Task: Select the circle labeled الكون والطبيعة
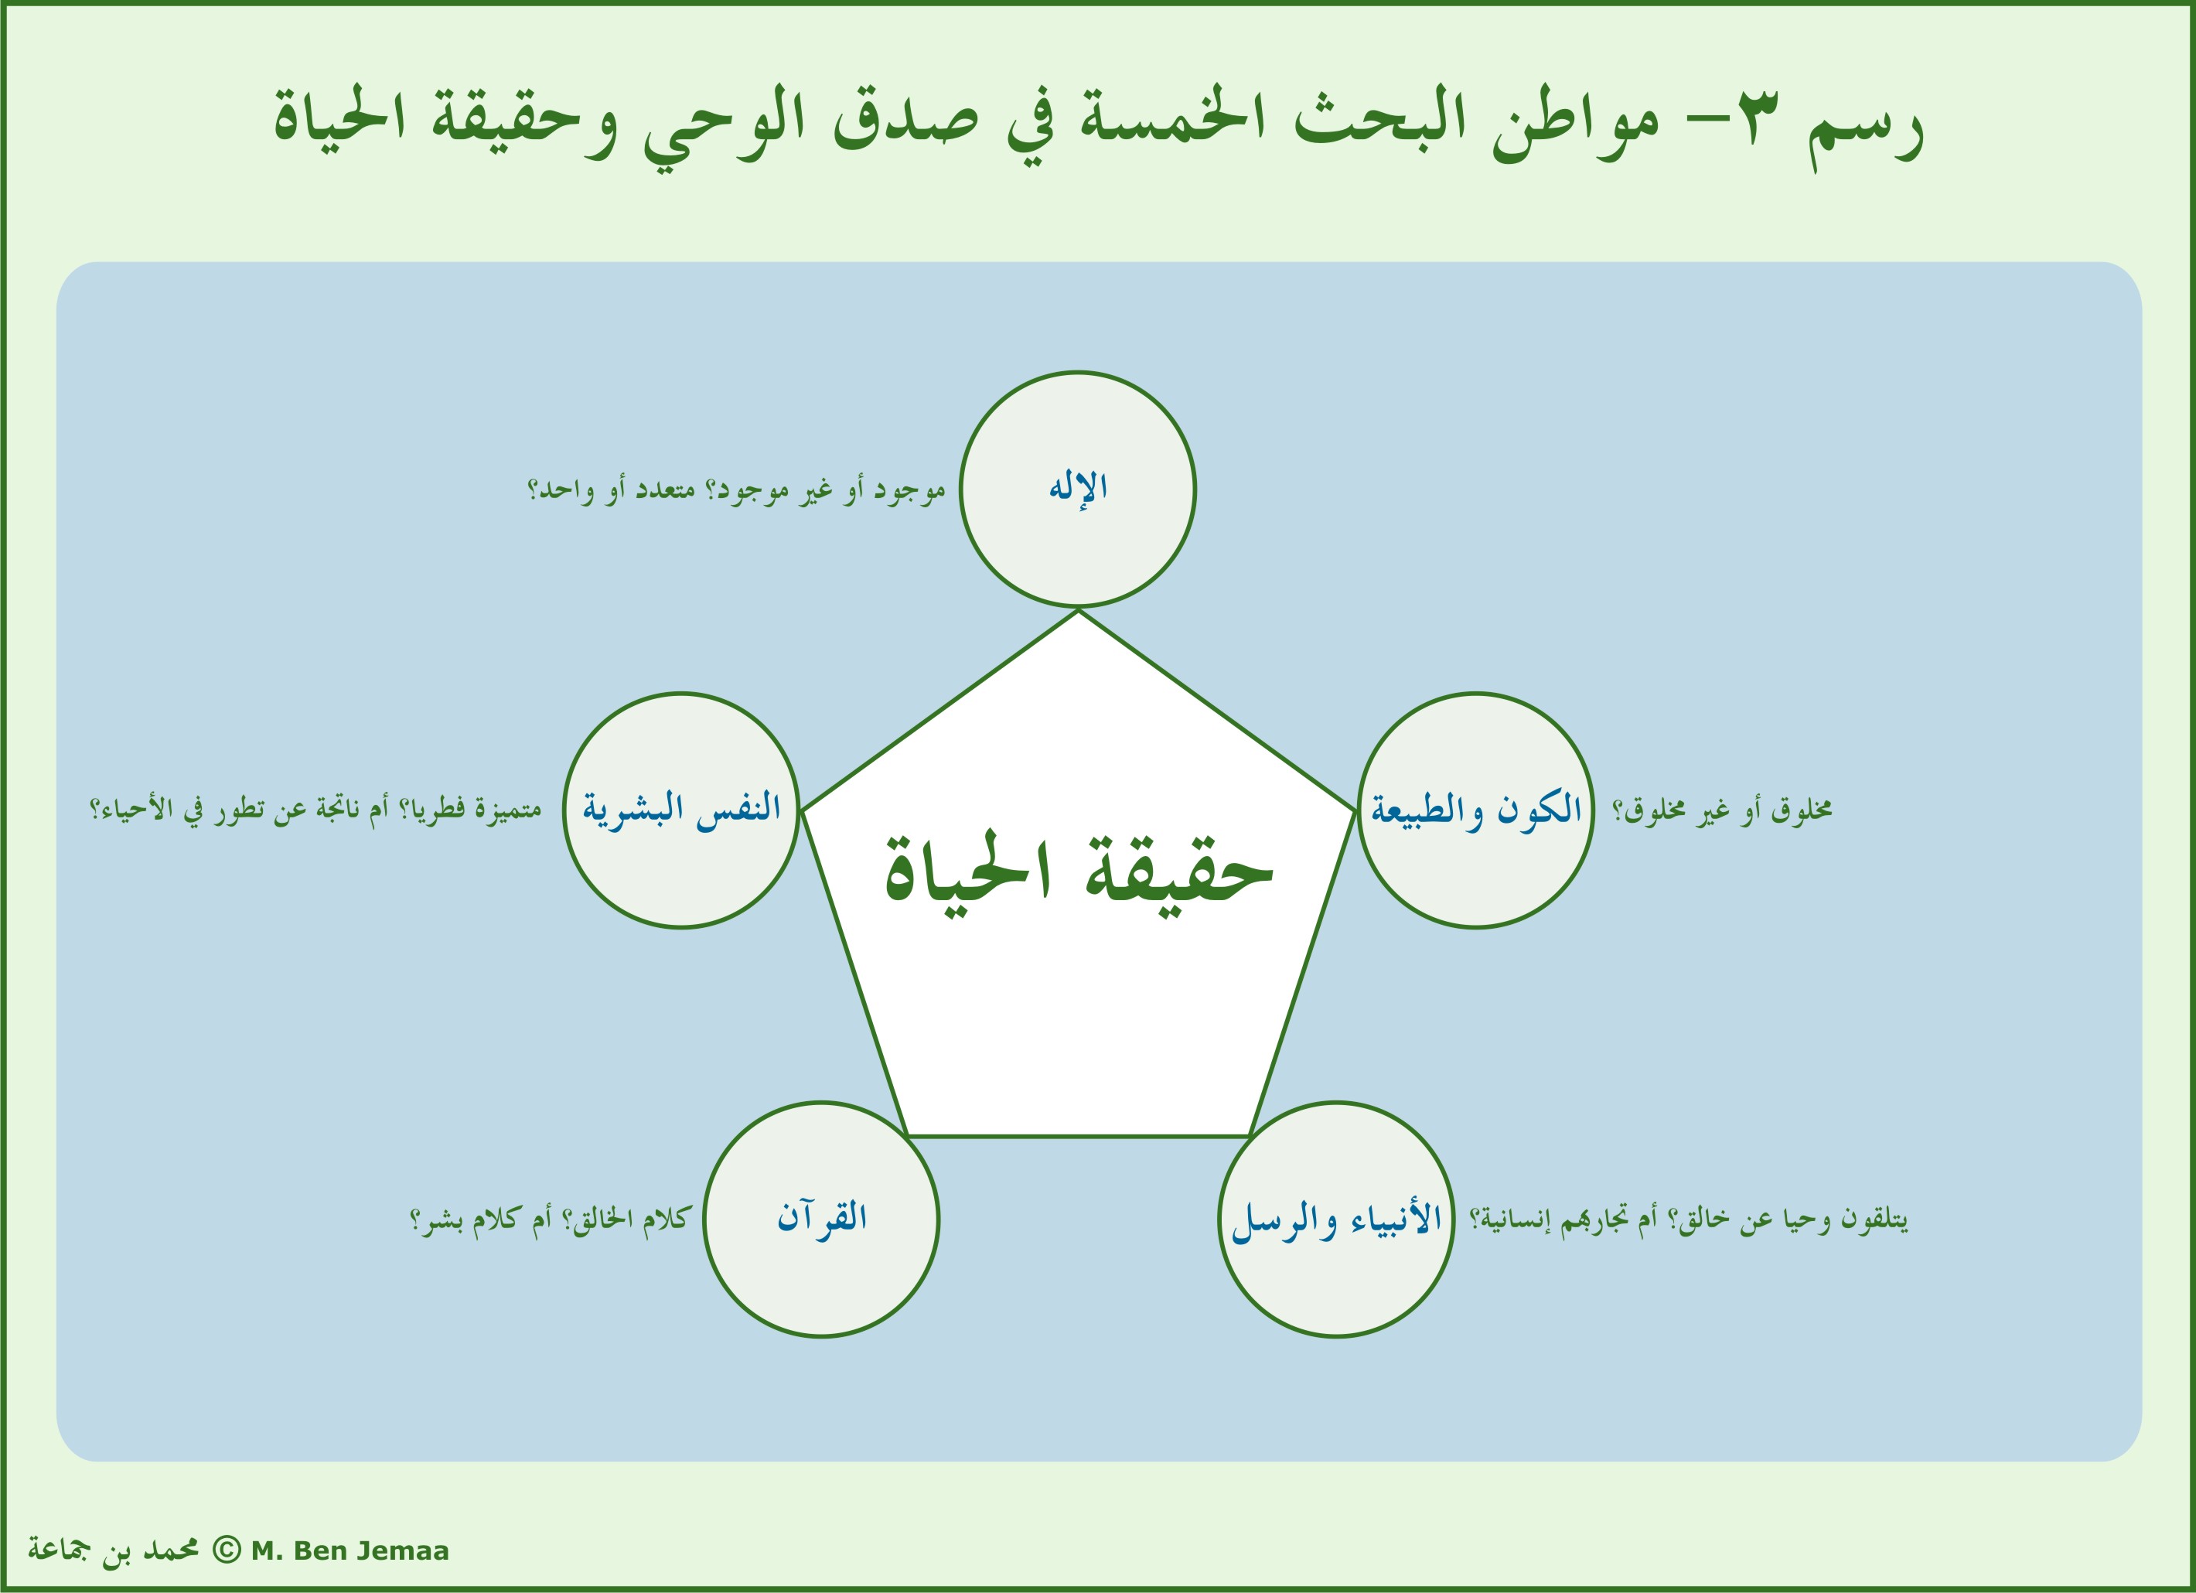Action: pyautogui.click(x=1475, y=810)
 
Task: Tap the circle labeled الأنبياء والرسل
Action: pyautogui.click(x=1336, y=1220)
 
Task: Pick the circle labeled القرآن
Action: pyautogui.click(x=821, y=1220)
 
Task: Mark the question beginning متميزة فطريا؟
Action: pyautogui.click(x=315, y=810)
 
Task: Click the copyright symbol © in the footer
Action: pyautogui.click(x=225, y=1550)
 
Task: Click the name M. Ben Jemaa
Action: pyautogui.click(x=350, y=1551)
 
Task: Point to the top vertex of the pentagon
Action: pyautogui.click(x=1078, y=610)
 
